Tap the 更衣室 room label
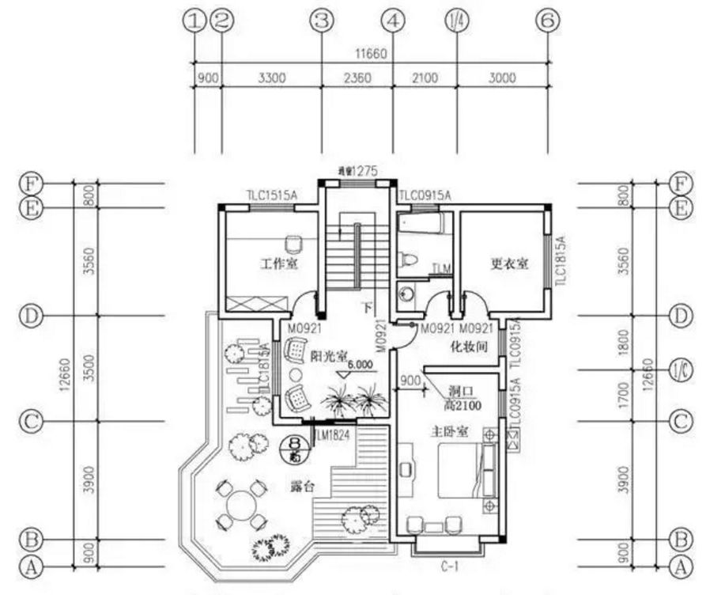(509, 264)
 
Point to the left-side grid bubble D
(29, 316)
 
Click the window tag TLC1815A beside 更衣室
(561, 259)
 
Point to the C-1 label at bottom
(447, 567)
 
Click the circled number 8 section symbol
(294, 447)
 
